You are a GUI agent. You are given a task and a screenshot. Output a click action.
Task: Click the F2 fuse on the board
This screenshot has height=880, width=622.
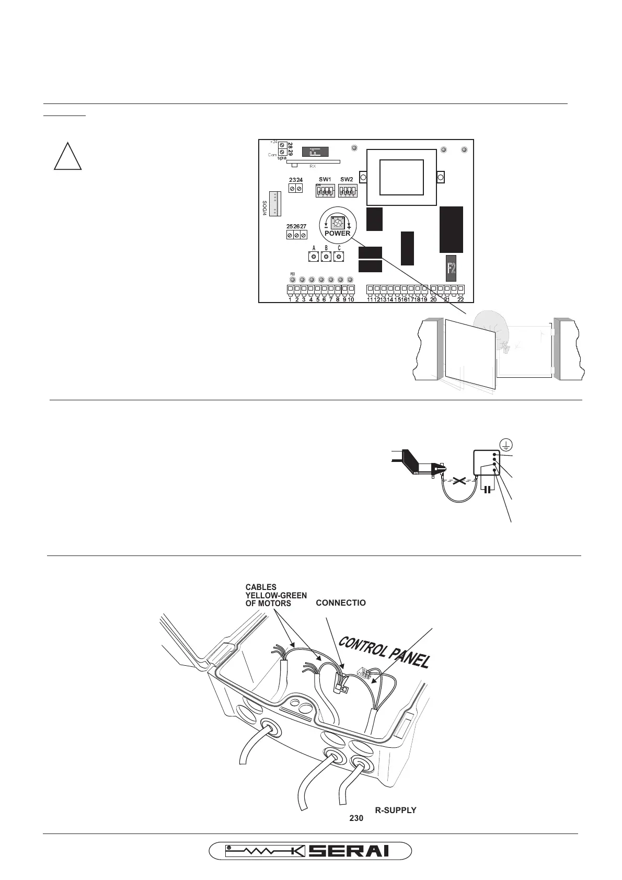coord(452,269)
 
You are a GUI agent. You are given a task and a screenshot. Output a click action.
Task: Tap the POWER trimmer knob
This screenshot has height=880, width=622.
coord(338,222)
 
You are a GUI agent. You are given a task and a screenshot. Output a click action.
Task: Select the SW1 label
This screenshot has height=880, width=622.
coord(325,180)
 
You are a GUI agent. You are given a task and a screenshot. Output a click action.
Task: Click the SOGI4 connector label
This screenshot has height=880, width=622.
coord(265,208)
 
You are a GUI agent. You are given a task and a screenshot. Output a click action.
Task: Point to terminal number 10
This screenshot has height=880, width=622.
coord(351,299)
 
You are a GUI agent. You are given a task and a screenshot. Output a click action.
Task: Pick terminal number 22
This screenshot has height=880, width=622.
coord(460,299)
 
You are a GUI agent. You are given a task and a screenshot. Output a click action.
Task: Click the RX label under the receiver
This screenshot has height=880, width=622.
coord(313,166)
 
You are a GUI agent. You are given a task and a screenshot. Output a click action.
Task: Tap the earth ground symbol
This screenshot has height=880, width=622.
coord(505,445)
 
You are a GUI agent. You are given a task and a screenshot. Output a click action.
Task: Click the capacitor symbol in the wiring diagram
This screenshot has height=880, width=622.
coord(487,489)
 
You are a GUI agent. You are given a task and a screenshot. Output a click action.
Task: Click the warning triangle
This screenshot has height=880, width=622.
coord(68,156)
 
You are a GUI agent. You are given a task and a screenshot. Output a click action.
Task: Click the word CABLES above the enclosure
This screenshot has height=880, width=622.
coord(261,587)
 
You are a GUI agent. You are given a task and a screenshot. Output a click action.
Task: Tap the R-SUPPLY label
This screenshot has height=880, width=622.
coord(395,810)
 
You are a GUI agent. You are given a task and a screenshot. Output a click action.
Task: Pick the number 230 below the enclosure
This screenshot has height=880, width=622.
coord(356,818)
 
